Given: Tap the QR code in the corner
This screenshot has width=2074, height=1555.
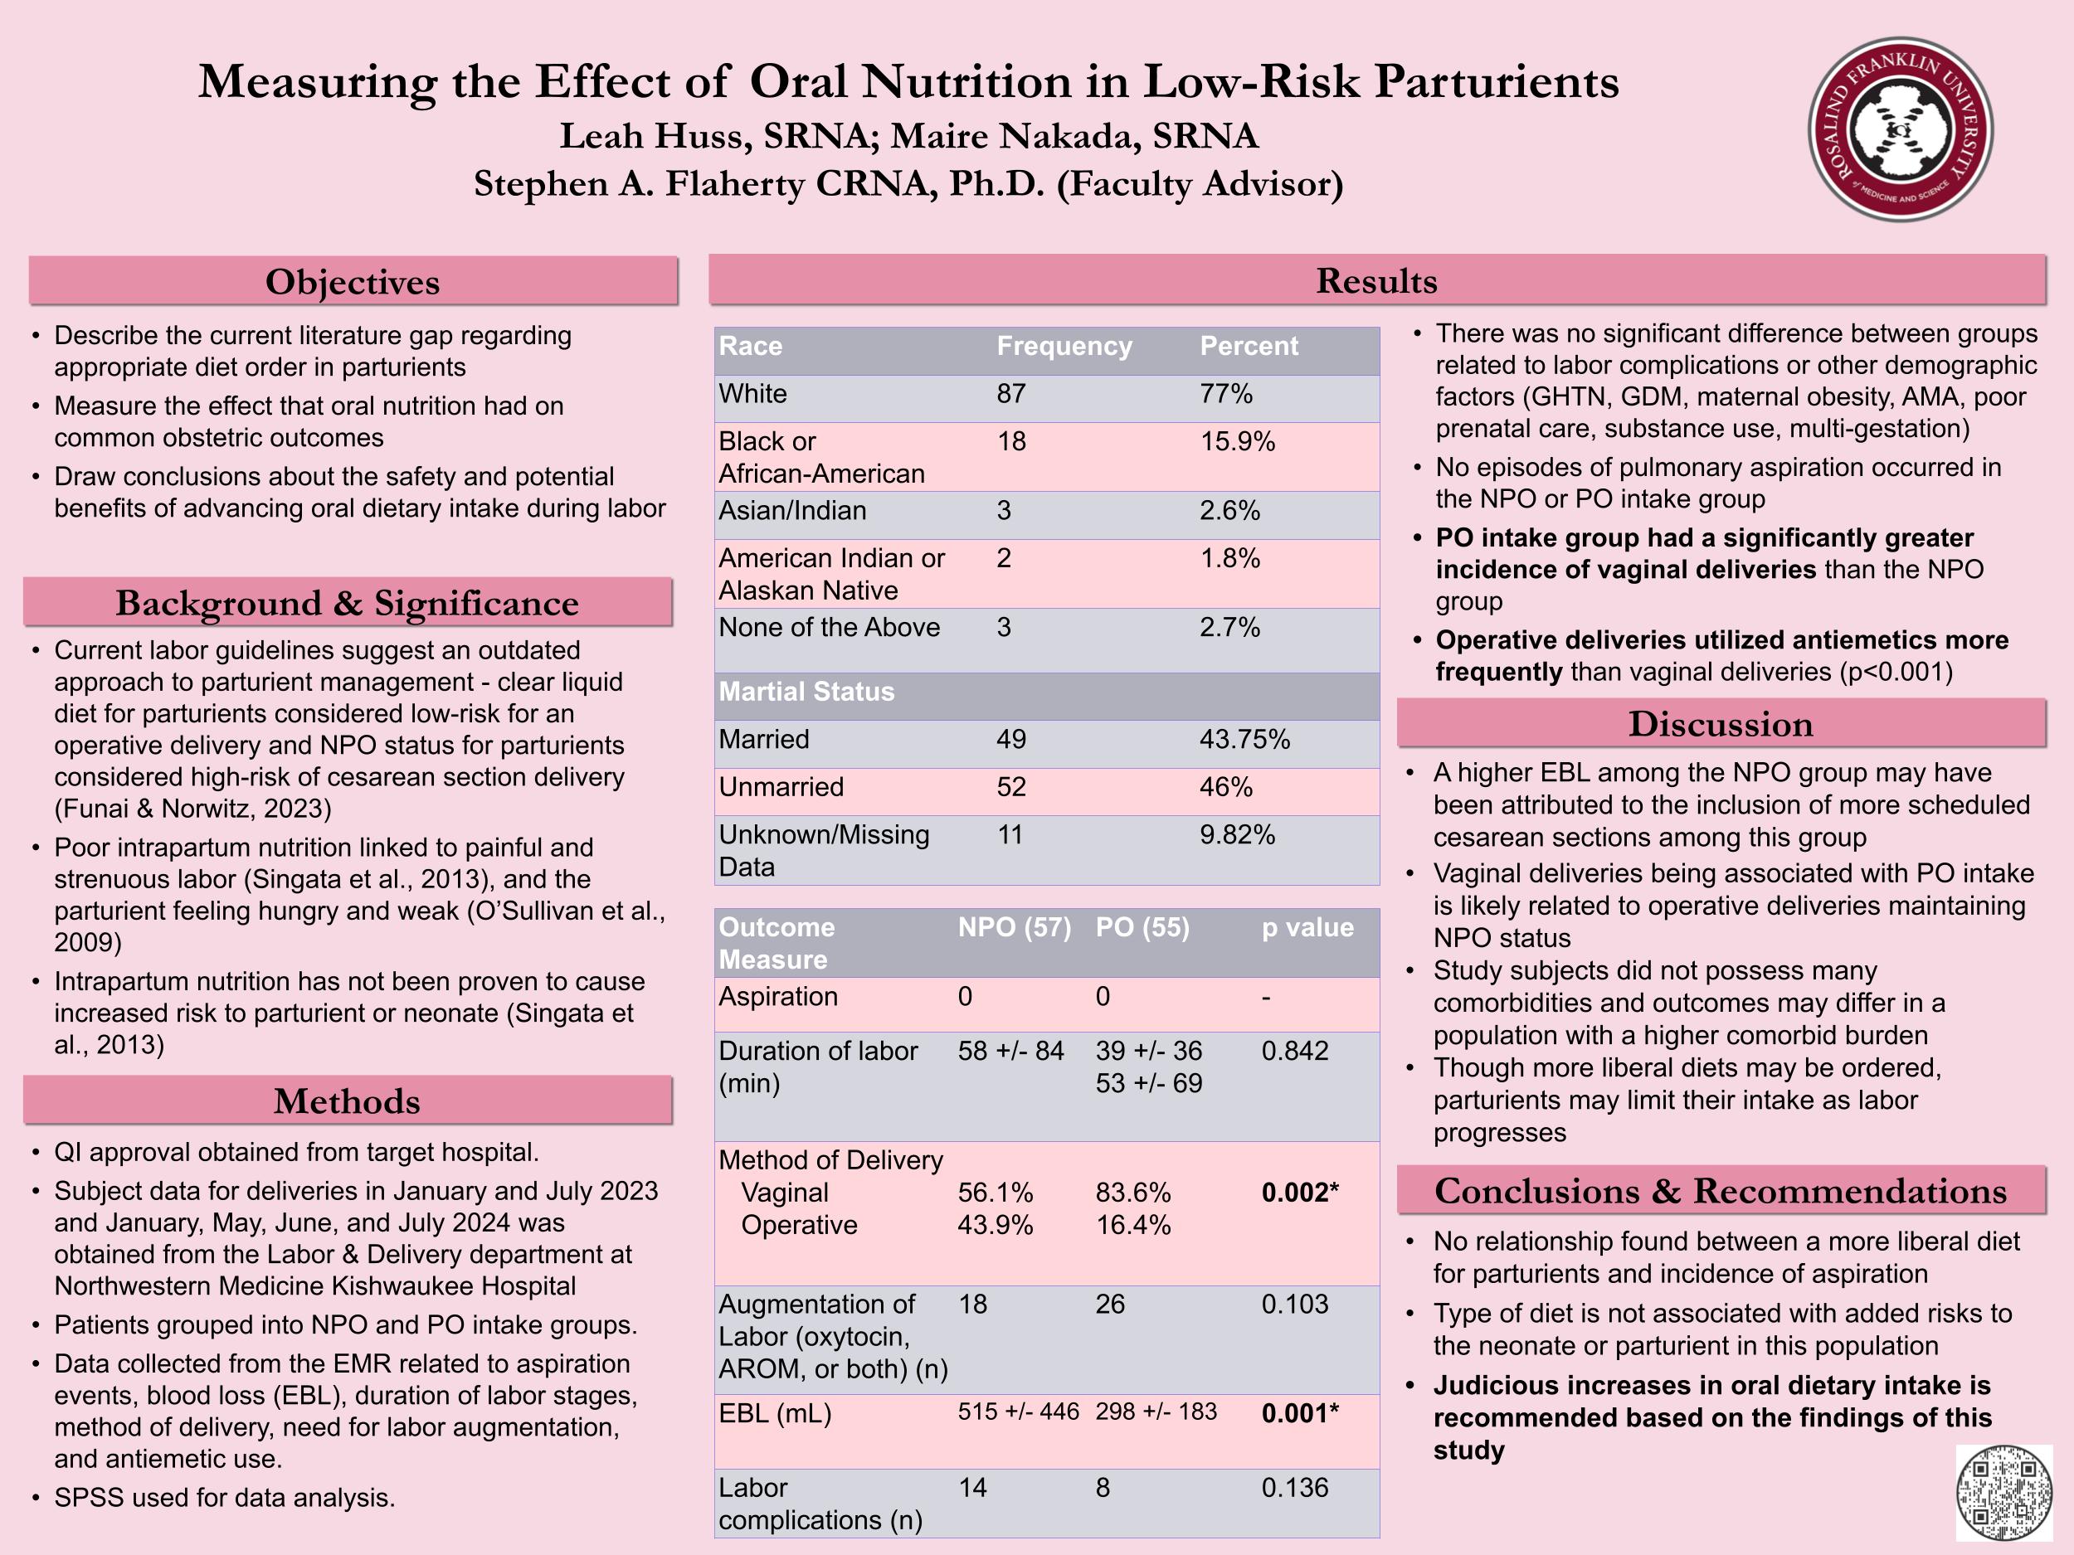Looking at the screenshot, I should point(2003,1491).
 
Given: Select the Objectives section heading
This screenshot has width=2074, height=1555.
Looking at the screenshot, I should point(353,282).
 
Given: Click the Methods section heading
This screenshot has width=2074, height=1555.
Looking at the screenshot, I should point(347,1101).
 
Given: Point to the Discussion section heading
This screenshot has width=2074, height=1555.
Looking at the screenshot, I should point(1721,725).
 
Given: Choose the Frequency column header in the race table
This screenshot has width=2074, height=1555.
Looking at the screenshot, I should point(1064,347).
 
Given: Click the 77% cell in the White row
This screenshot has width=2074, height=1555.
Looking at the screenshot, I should point(1226,394).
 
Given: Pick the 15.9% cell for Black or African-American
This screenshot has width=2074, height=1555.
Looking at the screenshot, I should point(1238,441).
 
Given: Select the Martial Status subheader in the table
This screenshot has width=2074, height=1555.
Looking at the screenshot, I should point(806,692).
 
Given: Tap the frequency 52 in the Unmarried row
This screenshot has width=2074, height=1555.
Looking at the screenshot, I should point(1010,787).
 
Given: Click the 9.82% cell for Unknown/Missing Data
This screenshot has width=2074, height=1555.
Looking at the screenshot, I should point(1237,835).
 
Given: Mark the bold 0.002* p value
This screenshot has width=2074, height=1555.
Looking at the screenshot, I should point(1299,1193).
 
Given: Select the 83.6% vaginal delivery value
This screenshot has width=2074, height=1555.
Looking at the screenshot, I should point(1132,1193).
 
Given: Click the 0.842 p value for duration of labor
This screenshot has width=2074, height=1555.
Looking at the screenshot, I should point(1294,1051).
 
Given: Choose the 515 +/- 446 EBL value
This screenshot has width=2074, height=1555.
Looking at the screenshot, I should point(1018,1412).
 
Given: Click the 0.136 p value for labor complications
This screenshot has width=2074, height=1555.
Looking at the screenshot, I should point(1294,1488).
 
